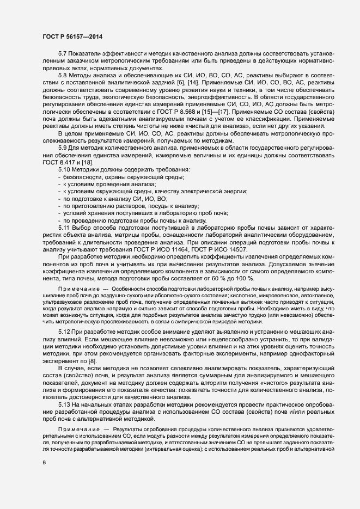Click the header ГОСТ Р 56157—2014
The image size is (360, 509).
[72, 35]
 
